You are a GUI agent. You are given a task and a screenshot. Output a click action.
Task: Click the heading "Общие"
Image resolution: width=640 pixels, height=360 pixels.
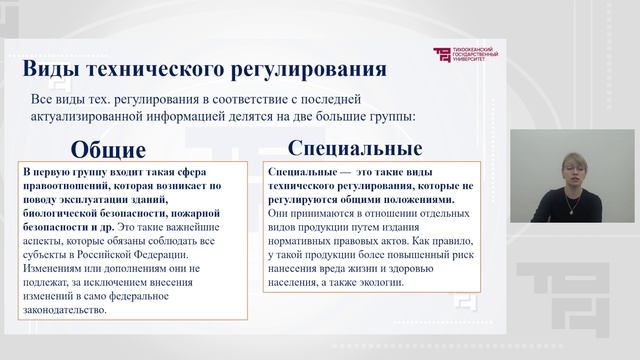(x=108, y=150)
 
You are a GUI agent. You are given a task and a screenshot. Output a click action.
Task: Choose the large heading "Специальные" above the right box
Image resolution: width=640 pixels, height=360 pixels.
(x=354, y=149)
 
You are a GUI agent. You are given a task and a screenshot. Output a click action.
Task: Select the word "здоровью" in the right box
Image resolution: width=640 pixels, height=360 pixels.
(x=435, y=268)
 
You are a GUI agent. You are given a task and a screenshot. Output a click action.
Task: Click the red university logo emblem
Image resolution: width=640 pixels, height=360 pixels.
(x=443, y=55)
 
